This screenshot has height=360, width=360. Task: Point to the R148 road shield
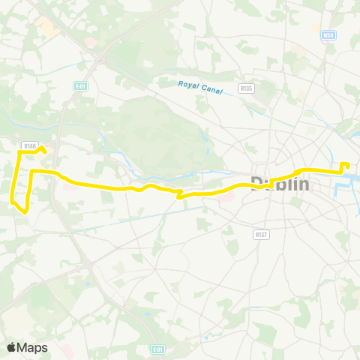(29, 146)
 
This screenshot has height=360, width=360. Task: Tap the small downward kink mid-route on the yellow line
(178, 196)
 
